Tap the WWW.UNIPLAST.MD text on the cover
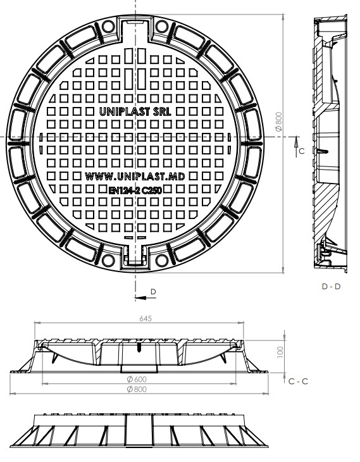pos(135,177)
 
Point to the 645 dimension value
pos(146,320)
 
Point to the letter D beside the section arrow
pos(152,290)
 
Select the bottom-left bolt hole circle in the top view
pos(108,259)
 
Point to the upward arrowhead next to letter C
pos(295,145)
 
